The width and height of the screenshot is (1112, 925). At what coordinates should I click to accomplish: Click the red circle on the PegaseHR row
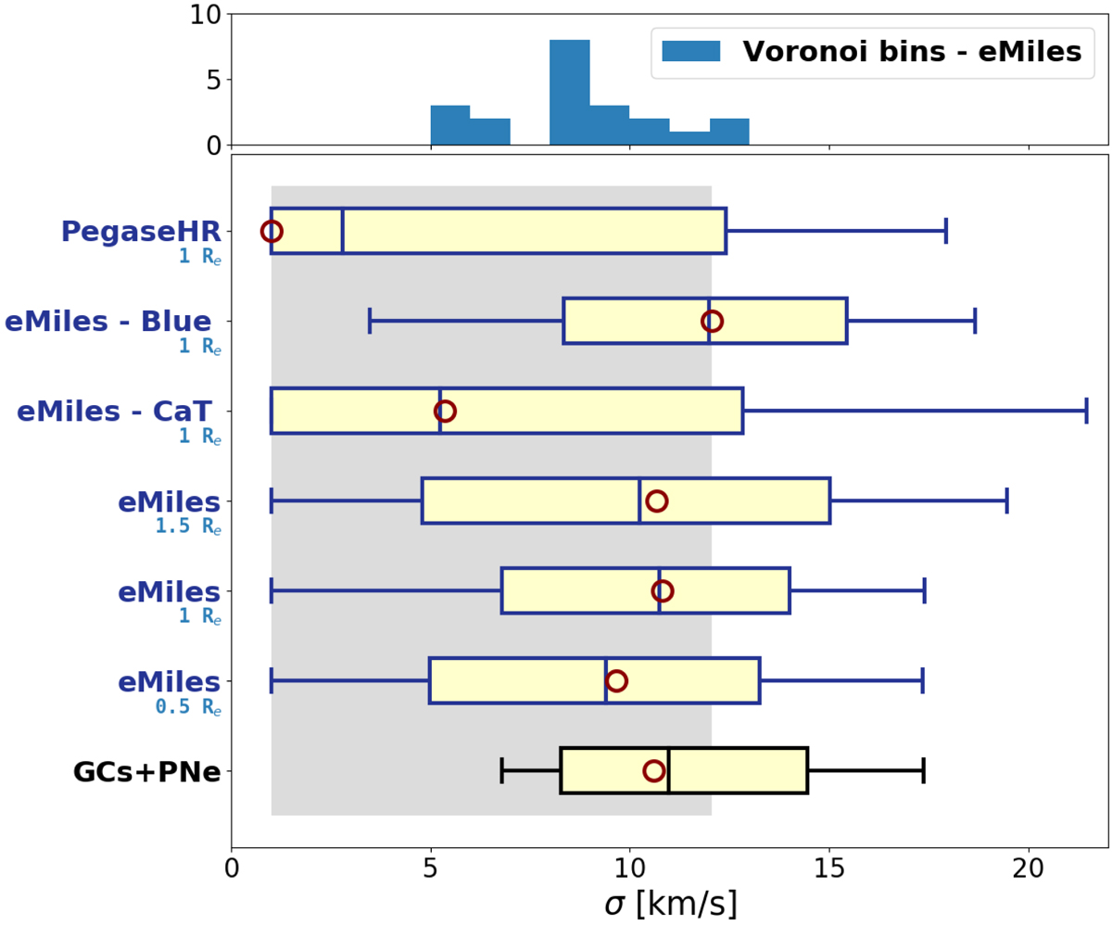272,231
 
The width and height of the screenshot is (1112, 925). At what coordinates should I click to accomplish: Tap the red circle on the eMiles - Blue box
712,321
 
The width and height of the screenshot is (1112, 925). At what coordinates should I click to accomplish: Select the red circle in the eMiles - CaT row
445,411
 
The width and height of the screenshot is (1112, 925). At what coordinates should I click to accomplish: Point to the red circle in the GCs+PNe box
654,770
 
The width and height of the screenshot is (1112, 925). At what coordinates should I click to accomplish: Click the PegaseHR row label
141,232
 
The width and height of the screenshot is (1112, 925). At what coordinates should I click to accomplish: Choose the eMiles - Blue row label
108,322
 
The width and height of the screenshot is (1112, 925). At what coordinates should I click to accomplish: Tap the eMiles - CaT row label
115,412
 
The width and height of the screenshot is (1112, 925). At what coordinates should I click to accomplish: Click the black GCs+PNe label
146,771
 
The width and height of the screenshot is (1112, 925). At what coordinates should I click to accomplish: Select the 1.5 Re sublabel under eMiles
188,526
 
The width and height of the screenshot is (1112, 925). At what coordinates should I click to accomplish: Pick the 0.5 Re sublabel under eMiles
188,706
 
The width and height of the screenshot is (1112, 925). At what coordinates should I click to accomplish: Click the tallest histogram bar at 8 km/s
570,93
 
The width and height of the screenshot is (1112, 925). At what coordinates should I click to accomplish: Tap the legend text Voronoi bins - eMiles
912,52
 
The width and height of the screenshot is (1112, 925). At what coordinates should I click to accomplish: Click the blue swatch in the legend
691,52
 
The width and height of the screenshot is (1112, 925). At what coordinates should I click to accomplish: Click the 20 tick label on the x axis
1029,872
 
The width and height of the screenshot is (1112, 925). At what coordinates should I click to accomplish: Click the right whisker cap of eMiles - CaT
1086,411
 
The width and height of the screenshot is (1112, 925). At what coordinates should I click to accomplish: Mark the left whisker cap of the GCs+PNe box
502,770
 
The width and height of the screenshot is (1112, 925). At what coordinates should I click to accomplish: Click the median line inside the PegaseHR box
343,231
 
